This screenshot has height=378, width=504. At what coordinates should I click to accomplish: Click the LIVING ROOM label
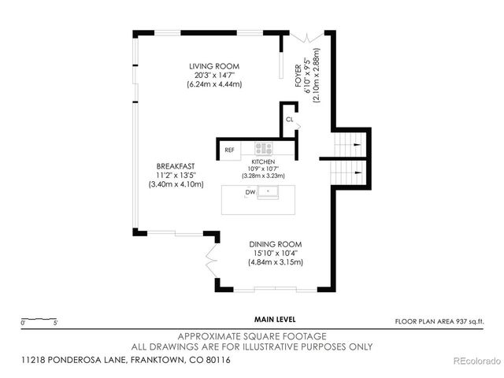[x=213, y=65]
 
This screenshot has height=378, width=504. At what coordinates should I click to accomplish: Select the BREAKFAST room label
[x=175, y=165]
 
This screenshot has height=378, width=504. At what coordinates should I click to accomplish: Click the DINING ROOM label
[x=276, y=243]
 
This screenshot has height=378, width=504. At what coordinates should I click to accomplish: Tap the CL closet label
[x=289, y=120]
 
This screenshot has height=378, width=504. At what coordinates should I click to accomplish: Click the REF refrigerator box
[x=230, y=149]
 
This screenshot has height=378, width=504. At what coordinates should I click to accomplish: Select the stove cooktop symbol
[x=263, y=148]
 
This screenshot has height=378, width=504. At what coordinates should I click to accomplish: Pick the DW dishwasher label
[x=250, y=191]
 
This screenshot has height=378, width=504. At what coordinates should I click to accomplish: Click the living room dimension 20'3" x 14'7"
[x=213, y=75]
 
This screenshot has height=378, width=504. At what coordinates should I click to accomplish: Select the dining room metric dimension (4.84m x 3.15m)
[x=276, y=262]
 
